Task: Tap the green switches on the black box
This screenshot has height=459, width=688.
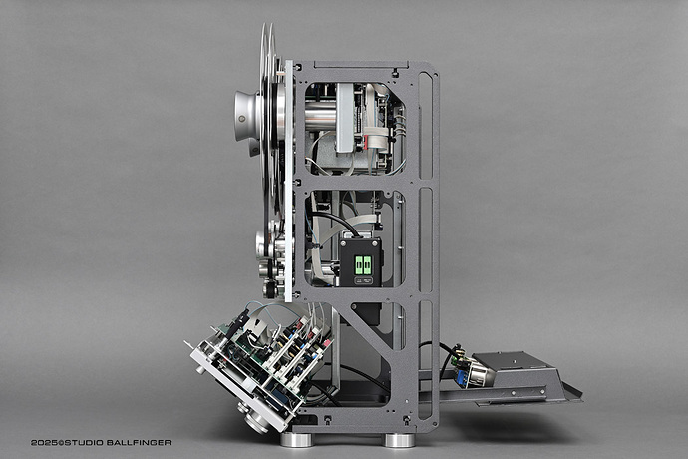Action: pos(361,264)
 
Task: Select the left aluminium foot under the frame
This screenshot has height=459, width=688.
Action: pos(295,439)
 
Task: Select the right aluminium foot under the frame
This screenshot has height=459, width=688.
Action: pos(399,440)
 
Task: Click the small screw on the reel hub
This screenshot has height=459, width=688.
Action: pos(241,119)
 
